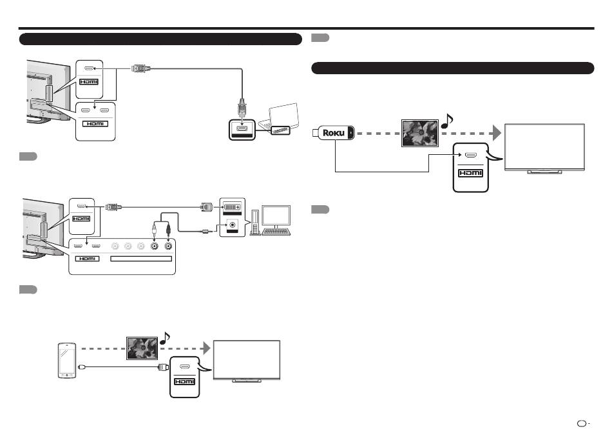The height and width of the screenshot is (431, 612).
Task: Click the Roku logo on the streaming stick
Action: pos(334,133)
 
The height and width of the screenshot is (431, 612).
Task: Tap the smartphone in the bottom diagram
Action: pos(67,360)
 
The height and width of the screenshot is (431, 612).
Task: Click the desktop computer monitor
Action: pos(276,216)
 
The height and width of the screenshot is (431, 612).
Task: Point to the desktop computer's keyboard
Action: pos(276,232)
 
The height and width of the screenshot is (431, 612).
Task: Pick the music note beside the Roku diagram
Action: pos(447,121)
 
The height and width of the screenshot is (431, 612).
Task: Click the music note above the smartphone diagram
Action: pos(165,338)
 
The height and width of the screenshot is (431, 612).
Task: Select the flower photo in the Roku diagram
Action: pos(420,134)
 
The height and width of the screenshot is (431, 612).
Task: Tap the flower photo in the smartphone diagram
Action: pos(142,348)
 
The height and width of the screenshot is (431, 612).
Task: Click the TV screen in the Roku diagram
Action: pos(544,147)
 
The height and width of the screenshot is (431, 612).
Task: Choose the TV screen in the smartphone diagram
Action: pos(247,359)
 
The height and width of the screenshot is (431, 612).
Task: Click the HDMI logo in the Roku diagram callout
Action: pos(471,173)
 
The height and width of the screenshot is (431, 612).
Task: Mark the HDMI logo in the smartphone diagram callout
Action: pos(185,381)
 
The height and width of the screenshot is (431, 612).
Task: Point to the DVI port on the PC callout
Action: pos(232,207)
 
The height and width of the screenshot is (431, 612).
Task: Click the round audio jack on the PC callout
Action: pos(233,225)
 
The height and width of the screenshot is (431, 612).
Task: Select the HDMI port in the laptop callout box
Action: pos(242,128)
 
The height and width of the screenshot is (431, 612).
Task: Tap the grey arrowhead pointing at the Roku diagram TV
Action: pos(497,133)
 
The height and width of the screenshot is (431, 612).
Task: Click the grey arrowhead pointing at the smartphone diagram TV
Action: pos(207,348)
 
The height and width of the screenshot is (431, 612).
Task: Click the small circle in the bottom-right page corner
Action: pos(582,423)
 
